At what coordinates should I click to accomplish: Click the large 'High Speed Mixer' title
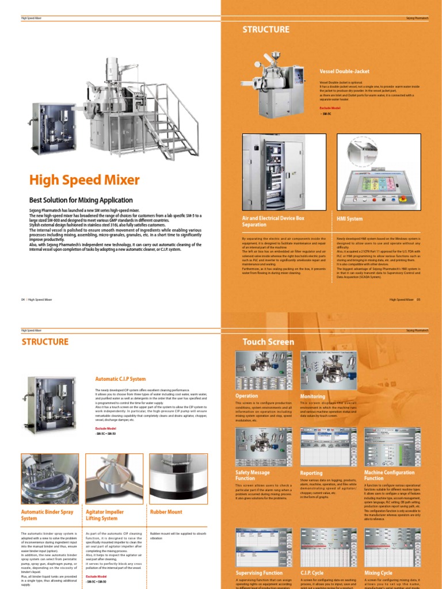coord(84,180)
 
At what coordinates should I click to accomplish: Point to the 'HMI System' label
coord(349,219)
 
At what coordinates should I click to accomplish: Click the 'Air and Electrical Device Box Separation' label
coord(273,222)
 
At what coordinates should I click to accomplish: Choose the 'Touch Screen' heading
coord(268,342)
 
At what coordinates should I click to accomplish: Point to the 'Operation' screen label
coord(247,396)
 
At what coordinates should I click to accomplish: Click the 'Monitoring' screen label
coord(313,396)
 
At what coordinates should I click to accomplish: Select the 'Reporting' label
coord(311,472)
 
